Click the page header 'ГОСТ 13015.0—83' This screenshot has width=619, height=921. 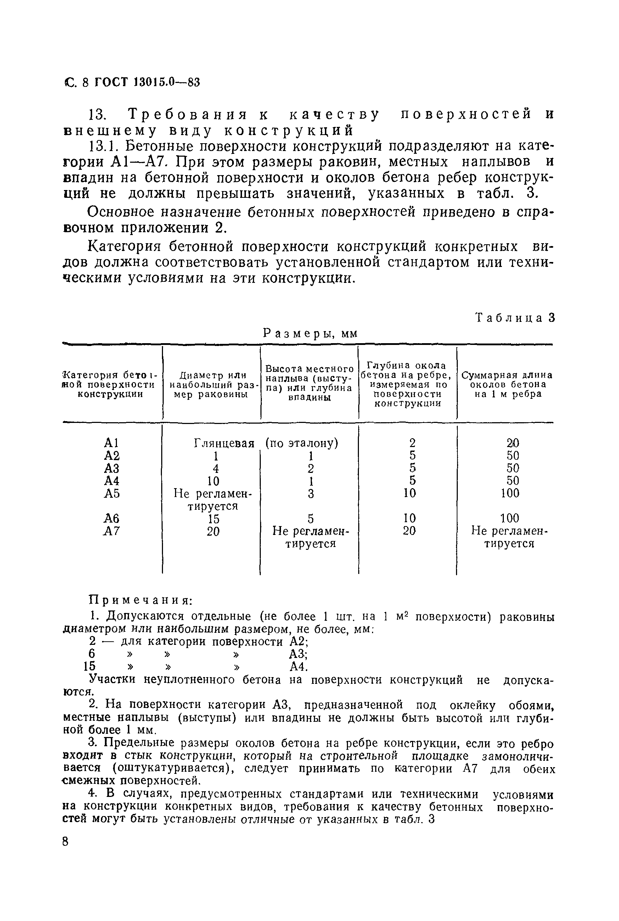[x=147, y=82]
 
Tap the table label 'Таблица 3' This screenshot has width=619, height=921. [x=515, y=318]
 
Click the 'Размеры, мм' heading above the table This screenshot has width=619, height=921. [x=310, y=334]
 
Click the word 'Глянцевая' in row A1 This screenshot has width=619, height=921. [x=224, y=443]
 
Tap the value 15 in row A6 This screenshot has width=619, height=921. [x=213, y=519]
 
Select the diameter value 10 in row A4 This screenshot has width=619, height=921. [x=213, y=481]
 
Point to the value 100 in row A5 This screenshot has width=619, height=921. [x=510, y=493]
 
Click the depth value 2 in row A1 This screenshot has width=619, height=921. [x=412, y=443]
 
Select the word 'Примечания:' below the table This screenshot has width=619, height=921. [x=141, y=600]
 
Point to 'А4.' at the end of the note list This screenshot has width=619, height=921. [x=298, y=667]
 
